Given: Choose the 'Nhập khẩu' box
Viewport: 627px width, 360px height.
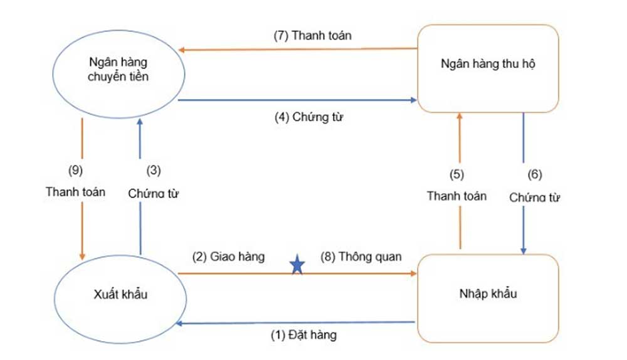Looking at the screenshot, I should [x=487, y=294].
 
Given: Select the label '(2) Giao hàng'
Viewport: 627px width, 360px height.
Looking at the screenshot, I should [x=228, y=257].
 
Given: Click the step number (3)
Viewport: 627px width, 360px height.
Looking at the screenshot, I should [x=154, y=169].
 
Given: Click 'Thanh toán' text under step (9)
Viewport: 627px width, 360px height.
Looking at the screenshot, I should [x=75, y=191].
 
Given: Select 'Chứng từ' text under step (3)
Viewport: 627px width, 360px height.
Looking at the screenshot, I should [x=154, y=193].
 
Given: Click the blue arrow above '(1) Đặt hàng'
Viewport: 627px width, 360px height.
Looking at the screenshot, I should [x=298, y=322].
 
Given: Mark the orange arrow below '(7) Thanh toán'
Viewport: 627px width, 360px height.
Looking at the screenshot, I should [x=300, y=50].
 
